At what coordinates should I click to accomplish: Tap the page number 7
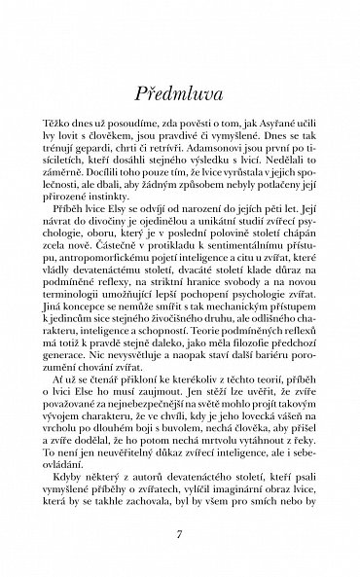click(x=180, y=532)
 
